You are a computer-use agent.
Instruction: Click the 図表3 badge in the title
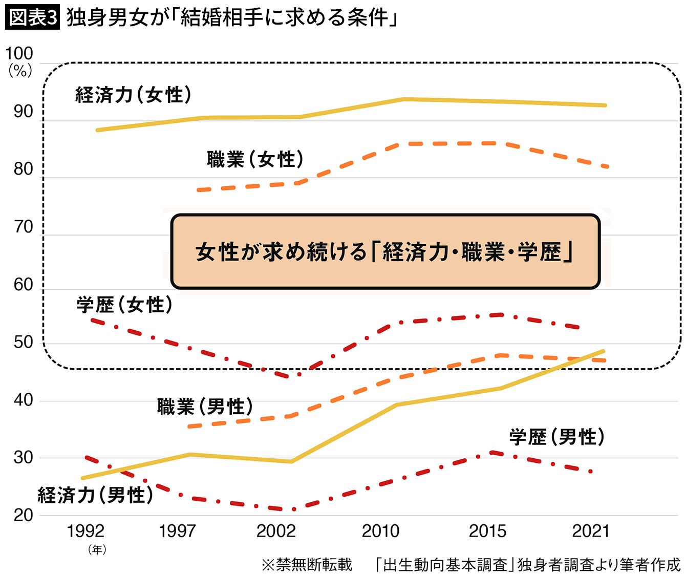(32, 18)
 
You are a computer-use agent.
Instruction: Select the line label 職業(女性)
(255, 159)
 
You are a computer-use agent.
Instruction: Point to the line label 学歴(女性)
(124, 305)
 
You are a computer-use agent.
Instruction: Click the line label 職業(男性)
(205, 407)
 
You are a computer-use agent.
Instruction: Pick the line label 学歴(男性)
(556, 437)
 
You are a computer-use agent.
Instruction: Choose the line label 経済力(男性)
(95, 495)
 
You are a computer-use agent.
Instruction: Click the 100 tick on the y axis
(19, 53)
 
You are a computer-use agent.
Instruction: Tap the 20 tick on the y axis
(23, 515)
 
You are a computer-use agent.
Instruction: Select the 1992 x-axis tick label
(85, 531)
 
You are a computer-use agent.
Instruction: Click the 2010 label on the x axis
(380, 531)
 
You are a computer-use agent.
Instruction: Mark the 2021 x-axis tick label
(591, 531)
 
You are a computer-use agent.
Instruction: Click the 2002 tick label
(276, 531)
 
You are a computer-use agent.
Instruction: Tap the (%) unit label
(20, 71)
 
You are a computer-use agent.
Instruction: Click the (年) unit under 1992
(97, 549)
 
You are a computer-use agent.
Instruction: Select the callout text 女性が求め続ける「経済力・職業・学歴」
(384, 252)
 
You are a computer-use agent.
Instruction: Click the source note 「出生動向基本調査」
(443, 564)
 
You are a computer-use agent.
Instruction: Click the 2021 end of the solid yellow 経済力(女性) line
(605, 105)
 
